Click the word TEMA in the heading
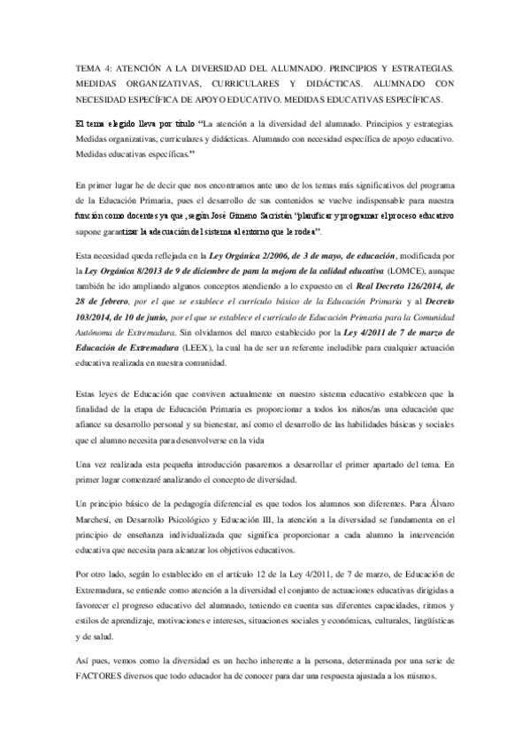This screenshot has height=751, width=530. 89,68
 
